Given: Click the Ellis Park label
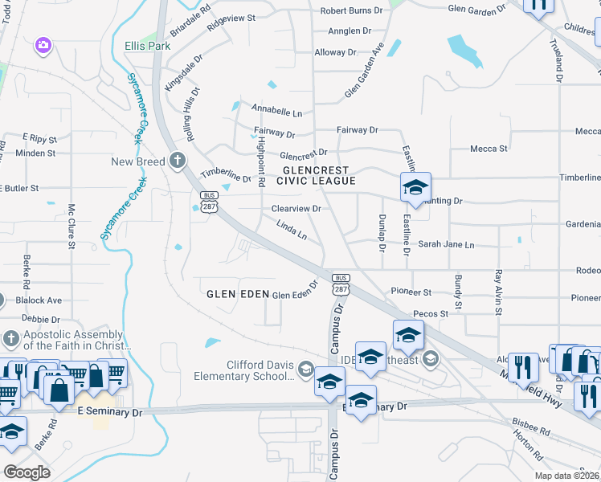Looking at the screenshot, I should (x=147, y=46).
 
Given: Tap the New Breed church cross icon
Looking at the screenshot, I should (x=178, y=161).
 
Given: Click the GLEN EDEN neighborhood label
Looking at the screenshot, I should (x=236, y=294).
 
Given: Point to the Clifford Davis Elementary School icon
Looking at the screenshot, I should (x=305, y=370).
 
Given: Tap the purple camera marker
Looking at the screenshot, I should (x=43, y=46).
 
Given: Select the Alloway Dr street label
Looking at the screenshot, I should (x=335, y=52).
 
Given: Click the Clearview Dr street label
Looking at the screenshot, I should (x=296, y=209).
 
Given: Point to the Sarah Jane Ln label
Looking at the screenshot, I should (x=446, y=244).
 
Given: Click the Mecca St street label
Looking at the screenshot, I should (x=489, y=149).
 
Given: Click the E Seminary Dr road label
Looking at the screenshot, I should (x=109, y=411).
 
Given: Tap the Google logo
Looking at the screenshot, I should (x=27, y=472).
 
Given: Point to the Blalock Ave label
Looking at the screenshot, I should (x=39, y=300).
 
